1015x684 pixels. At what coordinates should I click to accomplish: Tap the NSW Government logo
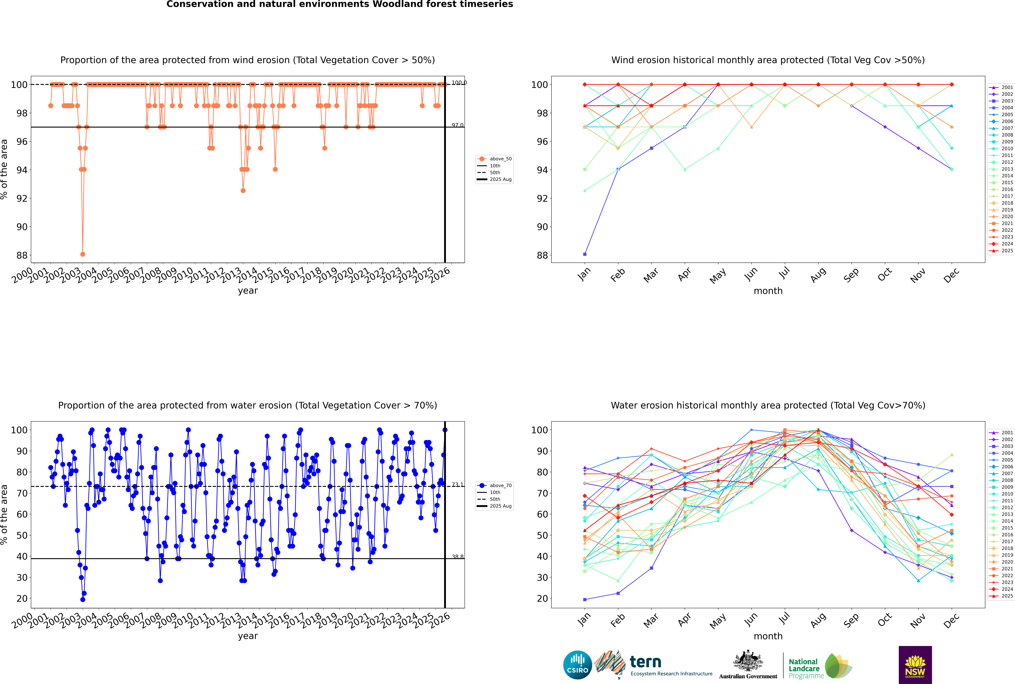(915, 664)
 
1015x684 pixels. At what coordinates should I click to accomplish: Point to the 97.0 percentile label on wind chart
(457, 125)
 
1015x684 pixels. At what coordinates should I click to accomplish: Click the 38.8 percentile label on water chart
(457, 557)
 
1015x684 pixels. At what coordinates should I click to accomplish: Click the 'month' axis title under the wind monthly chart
(768, 291)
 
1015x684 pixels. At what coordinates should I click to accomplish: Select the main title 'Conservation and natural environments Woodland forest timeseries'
(339, 4)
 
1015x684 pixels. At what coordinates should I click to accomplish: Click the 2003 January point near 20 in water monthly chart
(585, 599)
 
